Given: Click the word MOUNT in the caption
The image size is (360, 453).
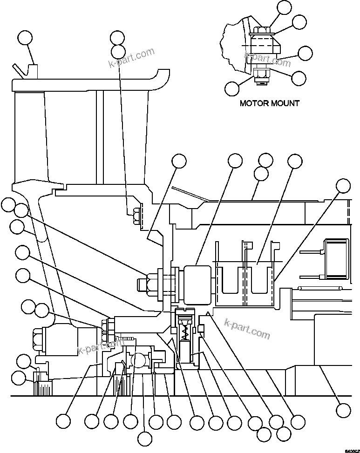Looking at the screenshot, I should (285, 103).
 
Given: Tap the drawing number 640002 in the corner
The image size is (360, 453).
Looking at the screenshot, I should (351, 450).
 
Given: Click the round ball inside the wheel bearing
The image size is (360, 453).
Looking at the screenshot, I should (139, 359).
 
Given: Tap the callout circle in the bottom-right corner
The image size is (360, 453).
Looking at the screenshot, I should (343, 410).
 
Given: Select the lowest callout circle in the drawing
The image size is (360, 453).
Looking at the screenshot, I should (145, 438).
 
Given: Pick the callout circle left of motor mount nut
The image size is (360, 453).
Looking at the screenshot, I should (232, 88).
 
